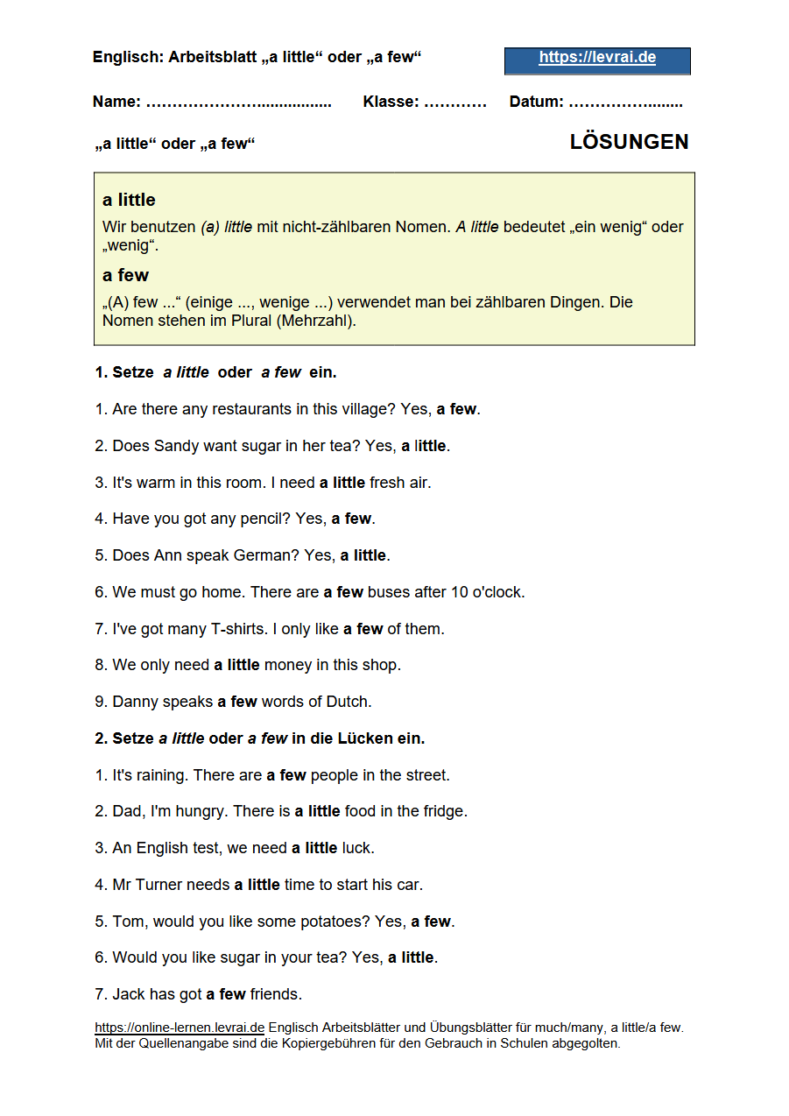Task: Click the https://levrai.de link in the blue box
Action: coord(597,59)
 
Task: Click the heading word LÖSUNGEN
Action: coord(629,142)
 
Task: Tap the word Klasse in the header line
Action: coord(390,102)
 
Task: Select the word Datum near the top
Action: coord(536,102)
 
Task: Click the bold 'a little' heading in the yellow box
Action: coord(129,201)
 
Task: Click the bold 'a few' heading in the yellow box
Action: coord(125,276)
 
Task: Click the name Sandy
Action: coord(176,446)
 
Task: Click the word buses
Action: coord(388,592)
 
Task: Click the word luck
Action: coord(357,848)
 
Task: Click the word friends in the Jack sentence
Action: coord(275,994)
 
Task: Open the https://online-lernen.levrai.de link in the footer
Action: coord(180,1028)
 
